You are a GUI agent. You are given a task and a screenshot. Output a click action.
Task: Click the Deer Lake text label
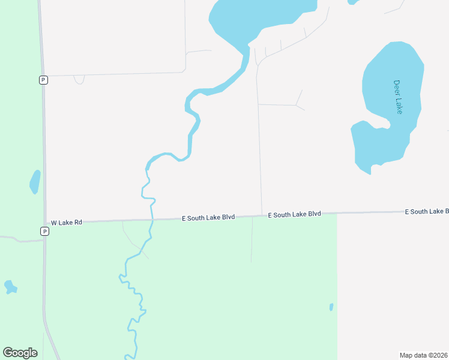coord(398,97)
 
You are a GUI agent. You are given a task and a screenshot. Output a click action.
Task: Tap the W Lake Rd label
coord(66,223)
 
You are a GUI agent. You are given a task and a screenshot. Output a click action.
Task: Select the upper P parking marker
coord(43,80)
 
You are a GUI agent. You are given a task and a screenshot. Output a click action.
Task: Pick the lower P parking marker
coord(44,231)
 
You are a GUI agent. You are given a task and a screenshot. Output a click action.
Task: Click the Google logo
coord(20,352)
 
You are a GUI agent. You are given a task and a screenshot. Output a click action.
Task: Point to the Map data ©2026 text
coord(423,355)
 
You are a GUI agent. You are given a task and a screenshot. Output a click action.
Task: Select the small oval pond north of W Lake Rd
coord(35,182)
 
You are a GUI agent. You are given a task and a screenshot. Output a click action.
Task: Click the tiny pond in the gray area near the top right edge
coord(353,2)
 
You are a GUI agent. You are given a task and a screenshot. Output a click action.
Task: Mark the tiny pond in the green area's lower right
coord(331,307)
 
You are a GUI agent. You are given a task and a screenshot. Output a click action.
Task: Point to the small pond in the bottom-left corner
coord(10,287)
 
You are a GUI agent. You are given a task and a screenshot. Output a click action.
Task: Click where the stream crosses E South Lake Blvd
coord(152,220)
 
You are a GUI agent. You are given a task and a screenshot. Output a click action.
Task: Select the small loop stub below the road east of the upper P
coord(79,80)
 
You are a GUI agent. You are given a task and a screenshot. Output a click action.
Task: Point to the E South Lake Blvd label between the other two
coord(294,214)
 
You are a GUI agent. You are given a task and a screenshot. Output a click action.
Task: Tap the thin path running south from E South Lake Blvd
coord(252,240)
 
